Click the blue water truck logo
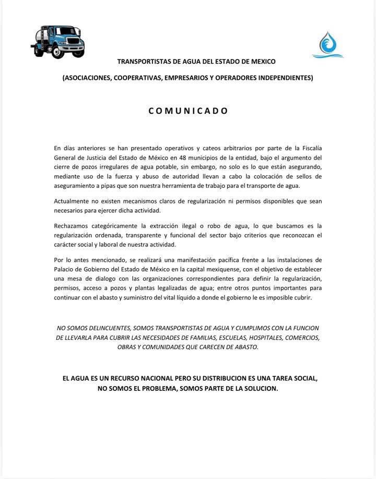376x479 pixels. pos(57,42)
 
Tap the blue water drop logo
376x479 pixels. pos(327,45)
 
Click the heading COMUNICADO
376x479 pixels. pos(188,111)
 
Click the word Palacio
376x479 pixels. pos(66,269)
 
